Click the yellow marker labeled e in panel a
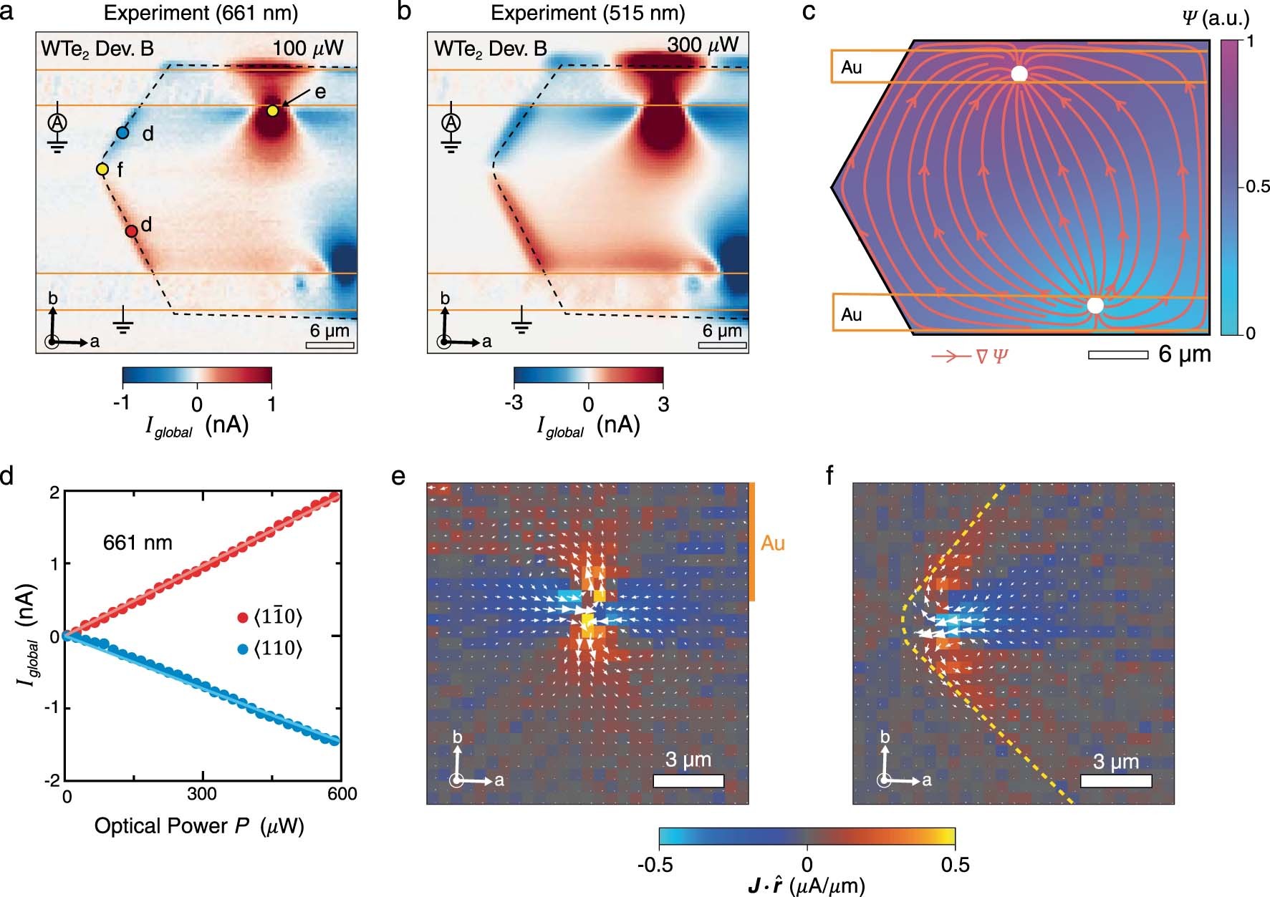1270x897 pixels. (272, 111)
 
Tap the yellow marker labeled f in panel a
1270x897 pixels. (102, 169)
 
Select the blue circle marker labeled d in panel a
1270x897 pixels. (122, 132)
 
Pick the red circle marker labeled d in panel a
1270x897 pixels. (131, 231)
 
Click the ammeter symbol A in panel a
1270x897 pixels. (57, 122)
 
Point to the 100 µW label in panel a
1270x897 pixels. (307, 49)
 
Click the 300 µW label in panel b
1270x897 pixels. (702, 45)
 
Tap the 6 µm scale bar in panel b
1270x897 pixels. (722, 346)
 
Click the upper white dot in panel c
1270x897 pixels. (1019, 74)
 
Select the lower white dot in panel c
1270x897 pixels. (1095, 306)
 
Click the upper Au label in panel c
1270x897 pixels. (852, 67)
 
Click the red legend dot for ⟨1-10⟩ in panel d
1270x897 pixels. (243, 617)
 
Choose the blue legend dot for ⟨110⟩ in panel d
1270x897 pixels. (243, 649)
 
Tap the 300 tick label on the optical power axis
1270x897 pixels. (203, 794)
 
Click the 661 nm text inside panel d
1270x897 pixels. (138, 543)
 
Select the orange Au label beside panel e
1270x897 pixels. (772, 543)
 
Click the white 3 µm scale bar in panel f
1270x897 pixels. (1115, 781)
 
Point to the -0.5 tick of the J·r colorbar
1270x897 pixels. (655, 865)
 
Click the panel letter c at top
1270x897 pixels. (809, 12)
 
